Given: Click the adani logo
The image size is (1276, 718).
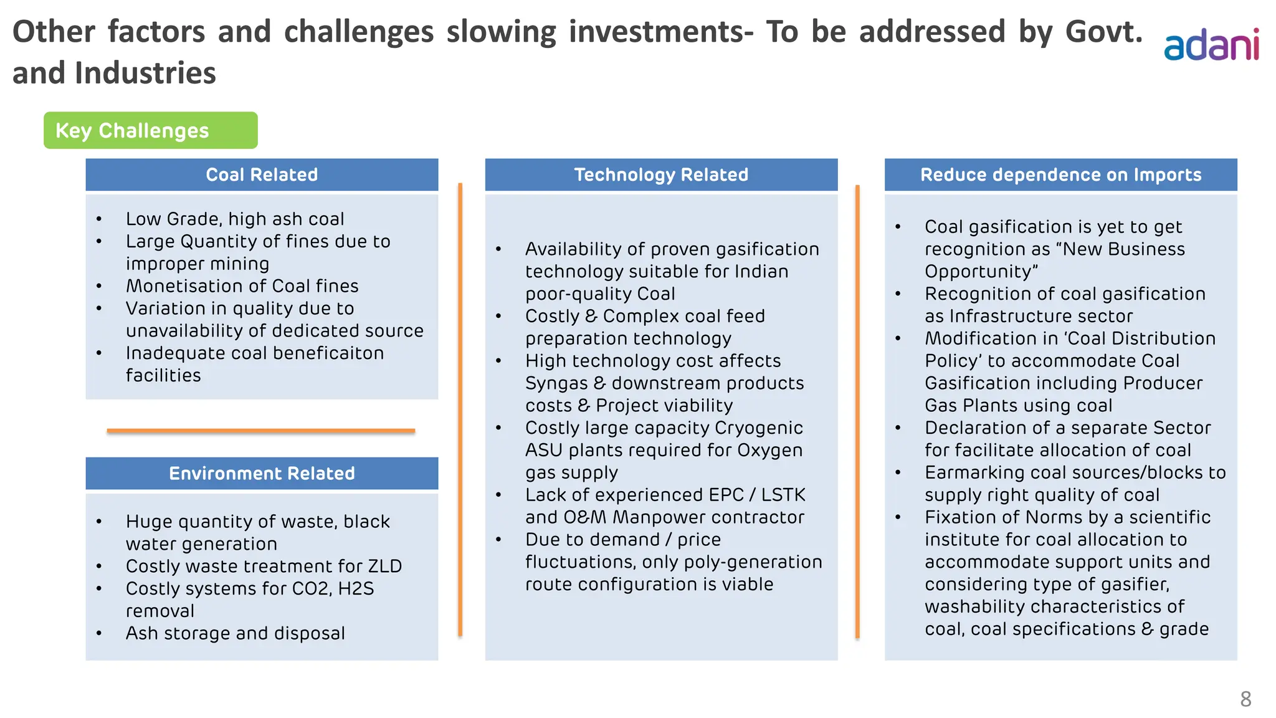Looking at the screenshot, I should pyautogui.click(x=1211, y=45).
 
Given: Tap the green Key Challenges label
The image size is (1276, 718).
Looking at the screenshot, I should pyautogui.click(x=150, y=130).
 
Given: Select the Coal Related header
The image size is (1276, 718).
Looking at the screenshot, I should pyautogui.click(x=262, y=175).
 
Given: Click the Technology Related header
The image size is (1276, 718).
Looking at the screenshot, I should pyautogui.click(x=661, y=175).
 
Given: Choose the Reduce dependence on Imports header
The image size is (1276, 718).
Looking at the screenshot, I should pyautogui.click(x=1060, y=175).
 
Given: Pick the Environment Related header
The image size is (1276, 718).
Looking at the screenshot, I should pyautogui.click(x=262, y=473).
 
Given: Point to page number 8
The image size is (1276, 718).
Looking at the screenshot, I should pyautogui.click(x=1245, y=699).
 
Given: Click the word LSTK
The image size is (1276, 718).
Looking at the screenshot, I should pyautogui.click(x=783, y=495).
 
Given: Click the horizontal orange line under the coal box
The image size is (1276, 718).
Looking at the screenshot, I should pyautogui.click(x=260, y=431).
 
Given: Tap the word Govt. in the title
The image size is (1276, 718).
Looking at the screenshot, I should pyautogui.click(x=1103, y=31).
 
